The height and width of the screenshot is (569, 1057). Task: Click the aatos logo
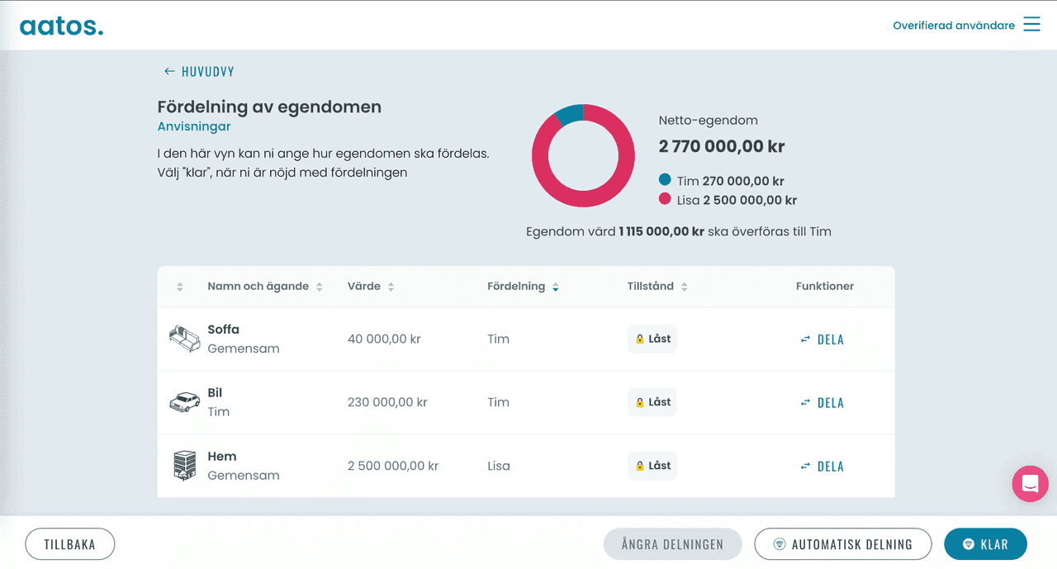62,26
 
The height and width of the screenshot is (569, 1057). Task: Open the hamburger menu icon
1031,25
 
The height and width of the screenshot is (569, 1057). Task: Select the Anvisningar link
194,126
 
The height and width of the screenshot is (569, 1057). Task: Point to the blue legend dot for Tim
665,180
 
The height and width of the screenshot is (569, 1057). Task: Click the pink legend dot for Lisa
665,199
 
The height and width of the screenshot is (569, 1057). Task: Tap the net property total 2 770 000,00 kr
721,147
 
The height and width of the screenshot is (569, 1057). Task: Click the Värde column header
364,287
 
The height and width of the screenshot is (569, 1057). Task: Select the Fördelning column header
516,287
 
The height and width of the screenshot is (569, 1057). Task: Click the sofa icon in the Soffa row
184,339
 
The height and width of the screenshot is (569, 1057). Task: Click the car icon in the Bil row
184,402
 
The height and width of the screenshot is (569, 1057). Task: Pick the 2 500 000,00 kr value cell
393,466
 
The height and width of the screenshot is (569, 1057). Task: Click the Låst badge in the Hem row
652,466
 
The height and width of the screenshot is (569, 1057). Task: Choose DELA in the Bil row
822,403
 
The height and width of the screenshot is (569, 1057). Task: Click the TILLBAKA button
69,544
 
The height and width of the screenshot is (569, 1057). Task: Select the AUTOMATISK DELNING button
842,544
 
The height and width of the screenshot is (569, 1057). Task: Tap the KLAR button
986,544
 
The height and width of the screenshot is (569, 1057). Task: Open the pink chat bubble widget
1030,484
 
